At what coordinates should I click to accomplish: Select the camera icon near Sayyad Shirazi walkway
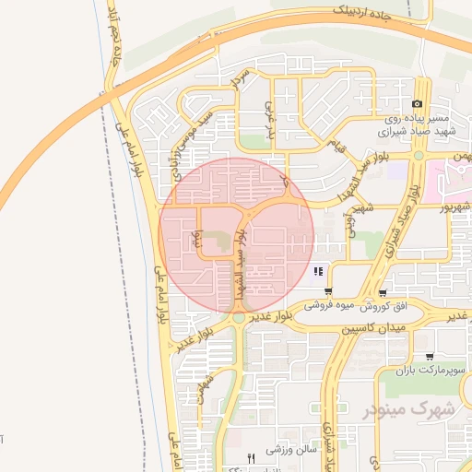418,103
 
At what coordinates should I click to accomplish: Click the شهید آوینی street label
350,221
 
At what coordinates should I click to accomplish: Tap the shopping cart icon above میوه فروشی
327,291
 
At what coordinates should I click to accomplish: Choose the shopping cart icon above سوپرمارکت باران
430,357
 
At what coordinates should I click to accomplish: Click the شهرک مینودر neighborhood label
418,407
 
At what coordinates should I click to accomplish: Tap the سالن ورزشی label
292,451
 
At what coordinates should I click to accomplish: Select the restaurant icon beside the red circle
318,271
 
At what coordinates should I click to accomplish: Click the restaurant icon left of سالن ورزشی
251,457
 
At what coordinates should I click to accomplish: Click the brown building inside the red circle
215,242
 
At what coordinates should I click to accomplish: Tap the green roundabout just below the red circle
239,317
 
